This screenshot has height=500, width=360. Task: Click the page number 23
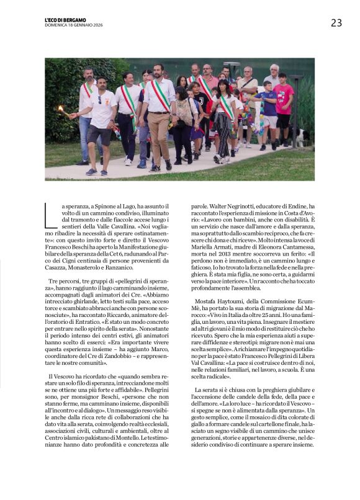[x=336, y=23]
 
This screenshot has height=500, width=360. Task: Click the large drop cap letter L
[x=52, y=215]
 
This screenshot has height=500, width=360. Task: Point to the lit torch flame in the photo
[x=61, y=109]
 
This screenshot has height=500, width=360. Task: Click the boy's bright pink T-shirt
[x=284, y=99]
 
